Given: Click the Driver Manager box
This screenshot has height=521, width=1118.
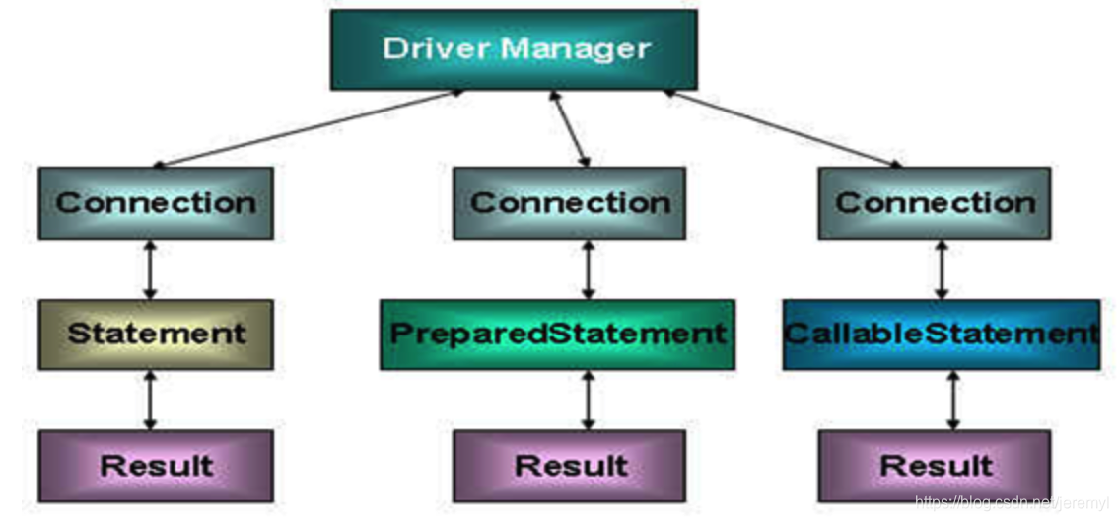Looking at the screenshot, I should tap(514, 49).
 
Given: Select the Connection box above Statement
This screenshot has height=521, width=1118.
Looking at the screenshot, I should tap(156, 203).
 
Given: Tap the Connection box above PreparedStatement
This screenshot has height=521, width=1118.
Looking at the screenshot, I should tap(569, 203).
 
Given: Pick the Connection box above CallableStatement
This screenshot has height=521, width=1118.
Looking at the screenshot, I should tap(934, 203).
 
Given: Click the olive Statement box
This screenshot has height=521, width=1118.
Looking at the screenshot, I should tap(156, 334).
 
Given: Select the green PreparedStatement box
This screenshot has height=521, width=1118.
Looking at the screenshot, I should tap(557, 334).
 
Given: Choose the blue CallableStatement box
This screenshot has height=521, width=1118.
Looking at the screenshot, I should tap(941, 334).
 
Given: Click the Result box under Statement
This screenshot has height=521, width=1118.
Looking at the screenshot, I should tap(156, 465).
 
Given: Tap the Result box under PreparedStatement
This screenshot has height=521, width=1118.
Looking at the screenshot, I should tap(569, 465).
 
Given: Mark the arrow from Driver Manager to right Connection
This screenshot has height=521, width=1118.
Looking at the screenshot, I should tap(779, 128).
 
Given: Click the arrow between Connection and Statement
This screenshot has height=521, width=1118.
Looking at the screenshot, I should tap(150, 269).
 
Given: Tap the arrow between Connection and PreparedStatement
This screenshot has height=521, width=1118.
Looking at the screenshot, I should tap(589, 269).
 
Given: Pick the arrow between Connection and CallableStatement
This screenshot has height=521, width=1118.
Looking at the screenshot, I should tap(942, 269).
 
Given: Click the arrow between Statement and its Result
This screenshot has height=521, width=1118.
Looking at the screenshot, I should tap(150, 400).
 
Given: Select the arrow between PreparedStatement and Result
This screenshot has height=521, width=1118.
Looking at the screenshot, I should tap(589, 400).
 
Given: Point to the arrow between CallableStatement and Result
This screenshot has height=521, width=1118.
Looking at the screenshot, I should tap(952, 400).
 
